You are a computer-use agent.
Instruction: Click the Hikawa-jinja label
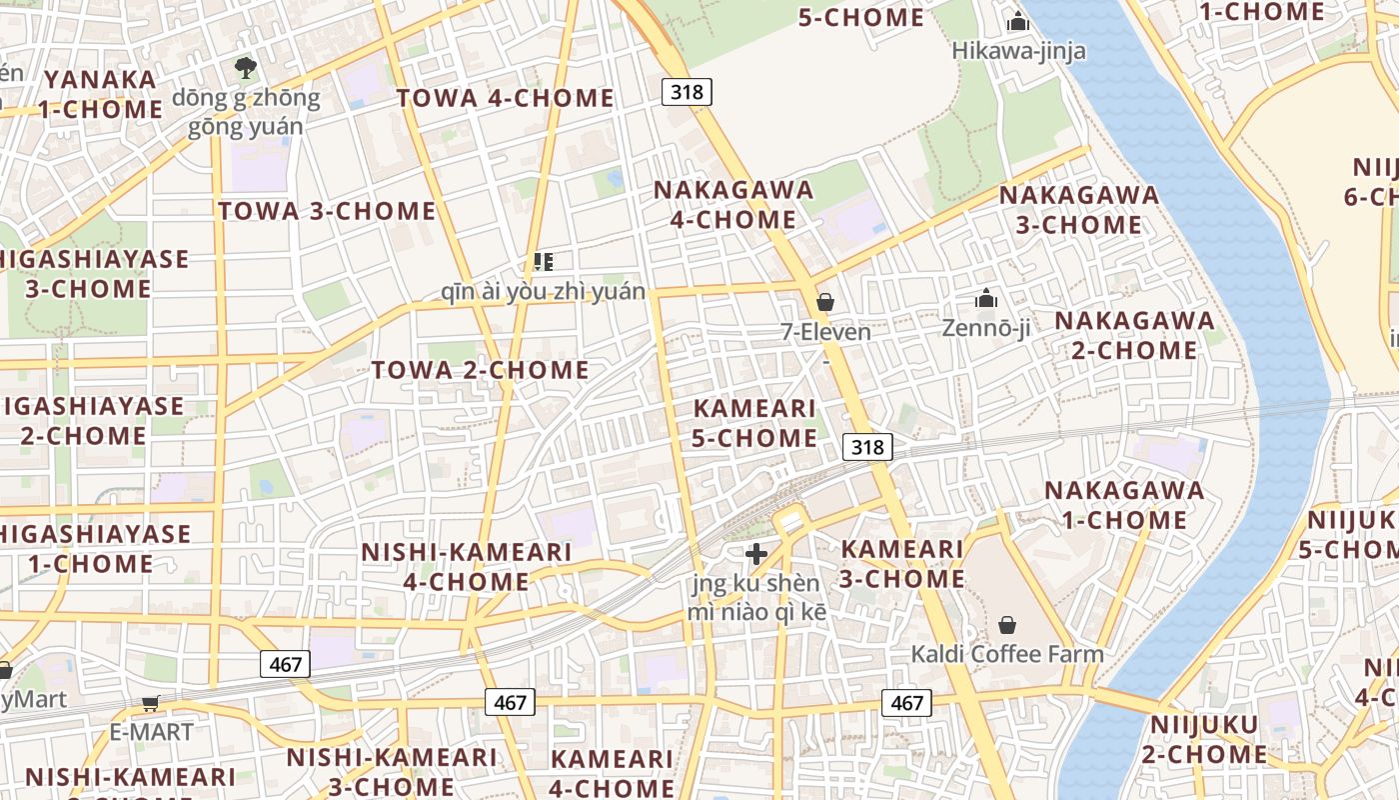coord(1018,50)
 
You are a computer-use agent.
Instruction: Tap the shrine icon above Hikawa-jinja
coord(1018,20)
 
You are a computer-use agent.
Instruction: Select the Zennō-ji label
coord(985,328)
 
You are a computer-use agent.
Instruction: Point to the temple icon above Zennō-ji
coord(986,298)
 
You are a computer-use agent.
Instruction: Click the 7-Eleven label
coord(825,332)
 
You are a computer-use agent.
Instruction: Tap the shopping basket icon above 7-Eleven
coord(825,301)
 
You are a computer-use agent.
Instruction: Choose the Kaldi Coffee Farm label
coord(1007,654)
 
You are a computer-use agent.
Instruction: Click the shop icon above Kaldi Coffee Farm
coord(1007,625)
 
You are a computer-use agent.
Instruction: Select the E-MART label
coord(151,732)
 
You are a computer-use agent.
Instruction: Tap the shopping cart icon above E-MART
coord(151,703)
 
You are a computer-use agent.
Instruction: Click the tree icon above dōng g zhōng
coord(245,68)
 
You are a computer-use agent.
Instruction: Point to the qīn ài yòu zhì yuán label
coord(544,292)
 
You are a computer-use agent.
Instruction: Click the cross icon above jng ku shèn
coord(756,553)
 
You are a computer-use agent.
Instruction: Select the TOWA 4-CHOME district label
coord(505,98)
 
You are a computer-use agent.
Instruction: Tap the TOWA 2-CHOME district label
coord(481,370)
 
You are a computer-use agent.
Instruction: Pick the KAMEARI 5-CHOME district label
coord(754,423)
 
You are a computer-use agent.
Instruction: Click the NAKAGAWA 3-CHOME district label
coord(1079,210)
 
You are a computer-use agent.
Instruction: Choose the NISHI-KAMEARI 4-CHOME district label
coord(466,566)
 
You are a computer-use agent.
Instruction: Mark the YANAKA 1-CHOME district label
coord(100,94)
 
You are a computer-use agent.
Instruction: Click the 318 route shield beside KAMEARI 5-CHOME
coord(867,447)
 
